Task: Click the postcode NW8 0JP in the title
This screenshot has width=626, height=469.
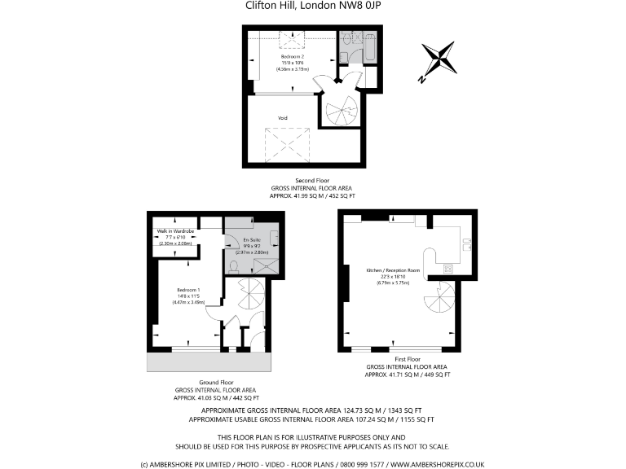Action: tap(359, 7)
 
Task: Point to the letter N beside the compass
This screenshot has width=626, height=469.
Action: tap(419, 79)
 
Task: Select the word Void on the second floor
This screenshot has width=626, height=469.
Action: tap(283, 118)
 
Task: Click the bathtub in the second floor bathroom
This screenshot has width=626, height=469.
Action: tap(368, 48)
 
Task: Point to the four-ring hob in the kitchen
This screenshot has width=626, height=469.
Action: tap(447, 268)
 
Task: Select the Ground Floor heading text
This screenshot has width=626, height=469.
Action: tap(216, 382)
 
